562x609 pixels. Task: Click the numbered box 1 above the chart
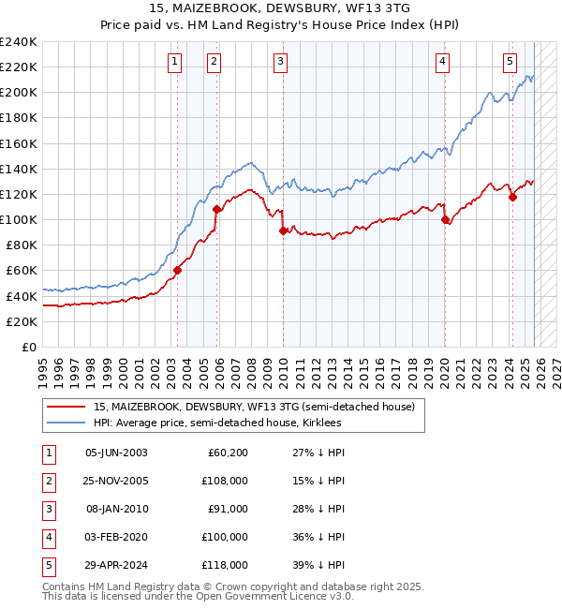[x=176, y=62]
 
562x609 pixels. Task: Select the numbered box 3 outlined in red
[x=281, y=62]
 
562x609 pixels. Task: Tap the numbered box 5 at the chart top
[x=510, y=62]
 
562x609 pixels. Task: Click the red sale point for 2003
[x=177, y=270]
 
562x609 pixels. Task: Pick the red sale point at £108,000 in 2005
[x=216, y=209]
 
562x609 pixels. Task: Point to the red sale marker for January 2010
[x=282, y=230]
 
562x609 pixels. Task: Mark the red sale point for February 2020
[x=444, y=219]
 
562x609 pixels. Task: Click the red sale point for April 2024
[x=512, y=197]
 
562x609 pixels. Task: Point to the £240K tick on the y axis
[x=18, y=42]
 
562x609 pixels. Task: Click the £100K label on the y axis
[x=18, y=219]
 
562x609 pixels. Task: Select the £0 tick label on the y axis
[x=28, y=347]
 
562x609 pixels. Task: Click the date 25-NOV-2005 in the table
[x=116, y=481]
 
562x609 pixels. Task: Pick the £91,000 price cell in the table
[x=227, y=509]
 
